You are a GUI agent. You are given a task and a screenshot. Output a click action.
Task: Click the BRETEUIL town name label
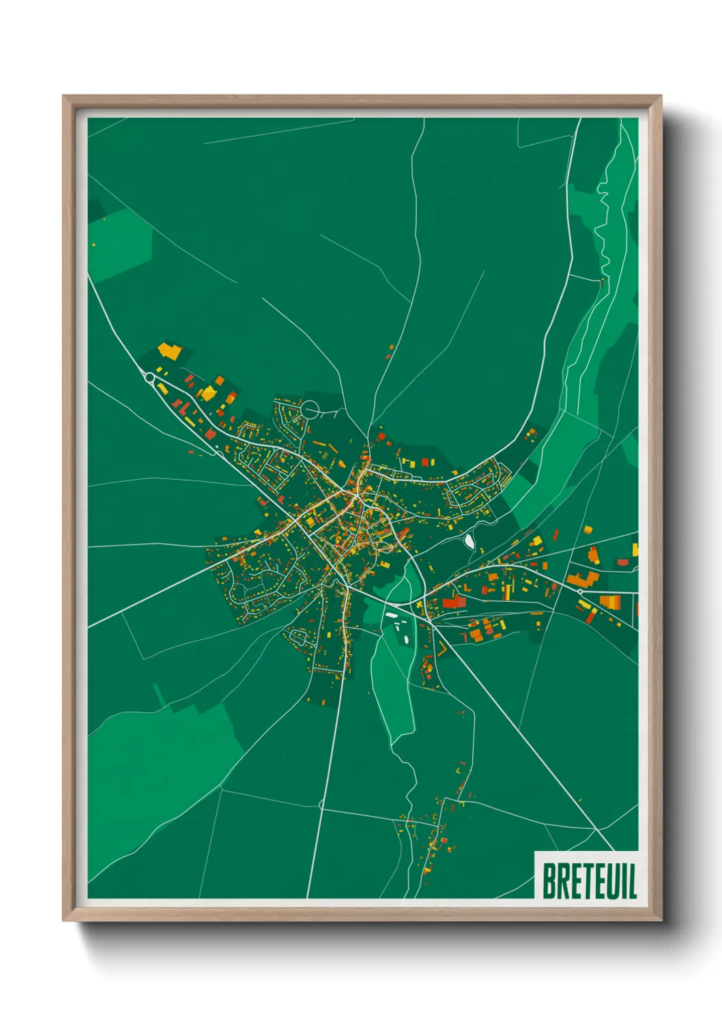[x=590, y=880]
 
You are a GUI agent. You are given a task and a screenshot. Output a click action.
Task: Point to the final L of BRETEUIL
[x=633, y=881]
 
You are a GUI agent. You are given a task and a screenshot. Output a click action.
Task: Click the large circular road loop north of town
[x=310, y=410]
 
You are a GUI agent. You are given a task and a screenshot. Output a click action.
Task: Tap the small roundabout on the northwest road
[x=149, y=377]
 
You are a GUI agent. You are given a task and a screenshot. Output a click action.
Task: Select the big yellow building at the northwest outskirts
[x=169, y=351]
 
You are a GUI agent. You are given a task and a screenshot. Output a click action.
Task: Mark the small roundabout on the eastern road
[x=580, y=591]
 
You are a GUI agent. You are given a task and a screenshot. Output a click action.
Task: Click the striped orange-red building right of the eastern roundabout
[x=610, y=601]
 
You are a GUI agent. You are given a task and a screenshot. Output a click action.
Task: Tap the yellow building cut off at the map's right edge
[x=635, y=549]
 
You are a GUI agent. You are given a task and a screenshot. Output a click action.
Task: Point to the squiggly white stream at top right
[x=603, y=218]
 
